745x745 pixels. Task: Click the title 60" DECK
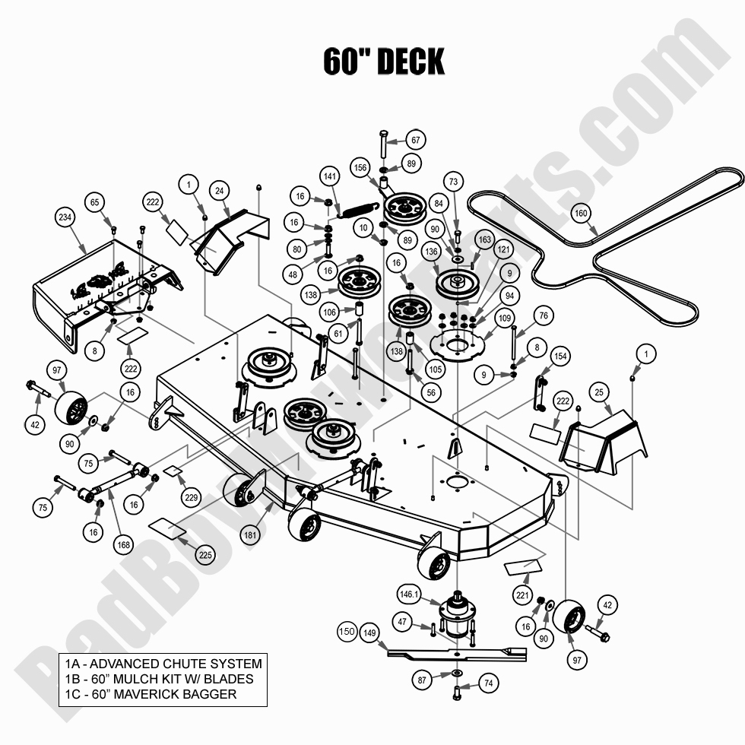click(x=383, y=62)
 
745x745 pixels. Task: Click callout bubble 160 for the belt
click(x=581, y=214)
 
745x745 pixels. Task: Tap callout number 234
click(x=65, y=218)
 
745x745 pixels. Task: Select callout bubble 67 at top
click(x=436, y=141)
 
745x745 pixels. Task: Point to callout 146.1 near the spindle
click(x=408, y=596)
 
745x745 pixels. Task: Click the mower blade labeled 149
click(x=456, y=653)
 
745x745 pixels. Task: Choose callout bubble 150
click(x=347, y=632)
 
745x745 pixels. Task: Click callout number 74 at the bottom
click(x=489, y=683)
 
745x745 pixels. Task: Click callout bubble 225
click(x=205, y=556)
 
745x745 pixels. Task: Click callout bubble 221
click(x=522, y=597)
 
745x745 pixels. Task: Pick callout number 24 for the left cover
click(x=219, y=191)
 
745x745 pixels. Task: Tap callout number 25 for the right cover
click(x=598, y=392)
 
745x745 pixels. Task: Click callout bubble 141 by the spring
click(x=329, y=176)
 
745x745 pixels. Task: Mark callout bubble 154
click(x=560, y=356)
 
